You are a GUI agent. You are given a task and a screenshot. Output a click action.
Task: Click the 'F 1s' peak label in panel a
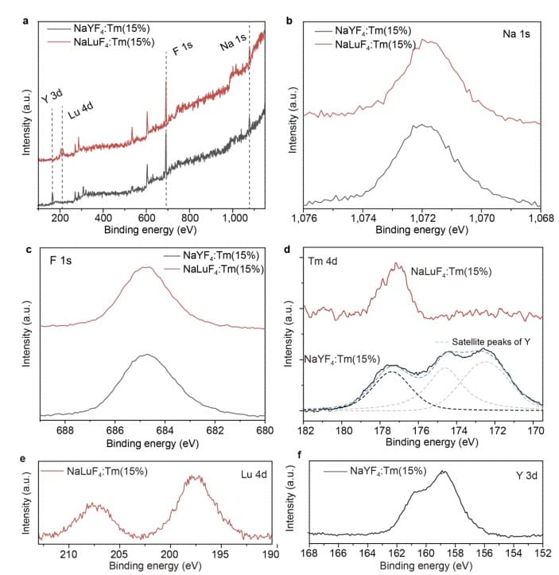pyautogui.click(x=182, y=51)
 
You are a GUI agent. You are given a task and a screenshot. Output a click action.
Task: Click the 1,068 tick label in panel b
pyautogui.click(x=542, y=217)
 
